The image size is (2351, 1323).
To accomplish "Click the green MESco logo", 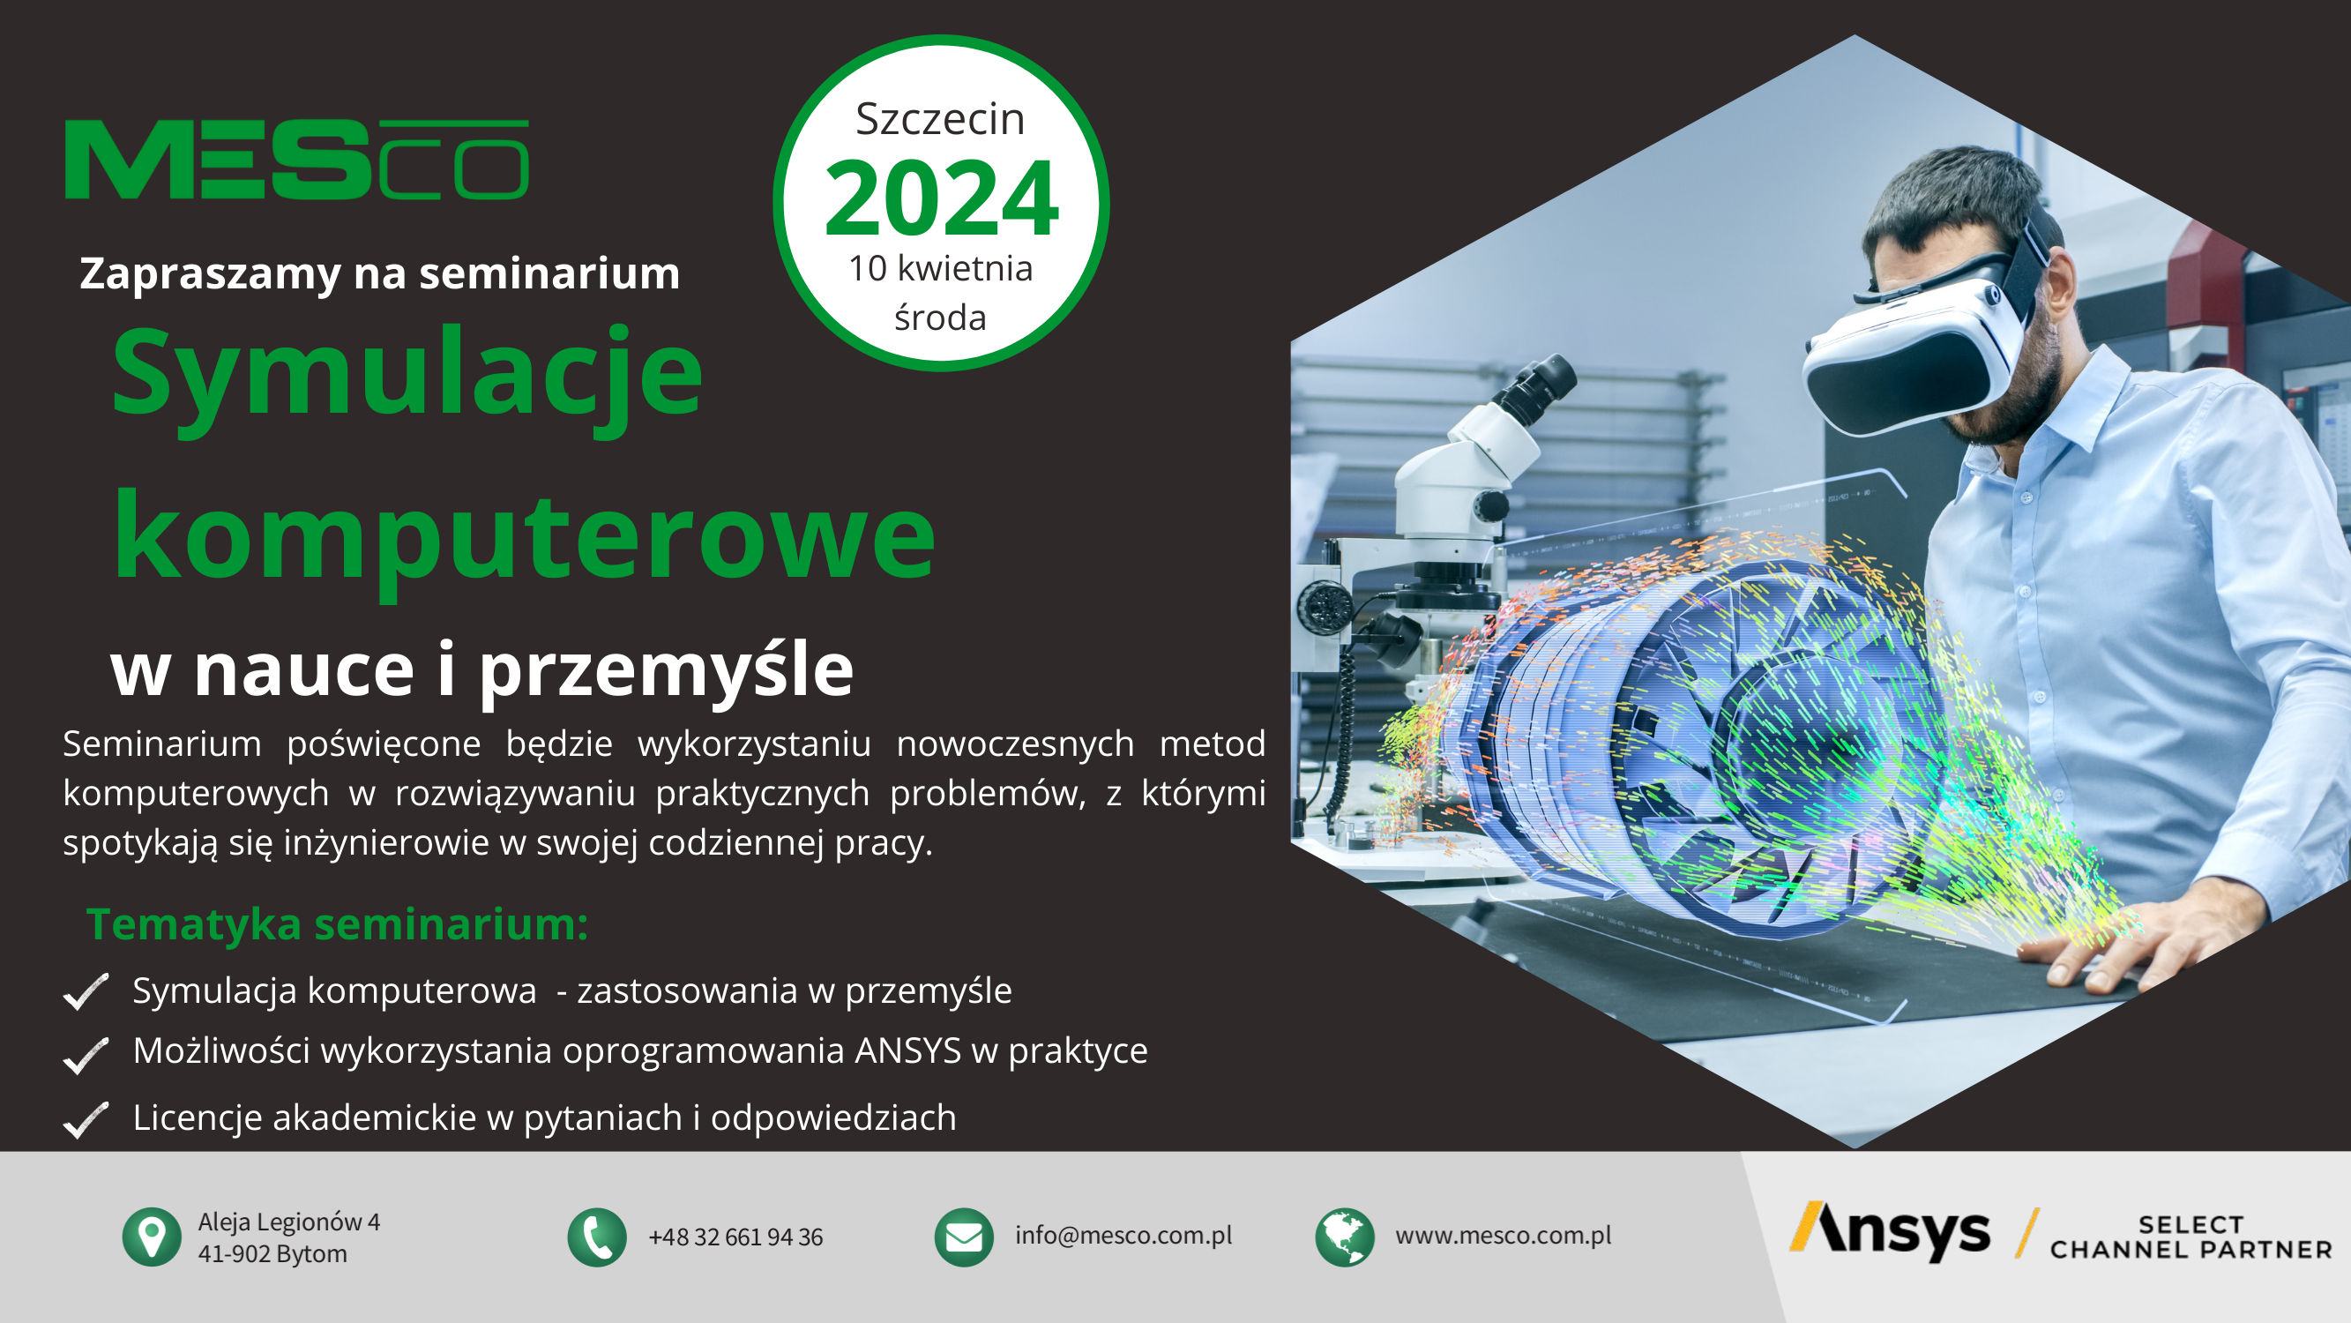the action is click(296, 159).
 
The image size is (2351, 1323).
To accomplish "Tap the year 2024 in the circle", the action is click(941, 198).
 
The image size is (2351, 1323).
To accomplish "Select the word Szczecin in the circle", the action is click(940, 119).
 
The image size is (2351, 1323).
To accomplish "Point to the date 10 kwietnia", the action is click(940, 268).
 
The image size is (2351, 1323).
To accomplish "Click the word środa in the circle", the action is click(940, 317).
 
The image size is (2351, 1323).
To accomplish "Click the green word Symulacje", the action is click(407, 377).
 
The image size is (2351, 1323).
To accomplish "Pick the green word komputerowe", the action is click(524, 541).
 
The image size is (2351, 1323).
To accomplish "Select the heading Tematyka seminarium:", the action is click(337, 924).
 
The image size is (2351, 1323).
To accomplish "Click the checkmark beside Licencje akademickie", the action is click(86, 1120).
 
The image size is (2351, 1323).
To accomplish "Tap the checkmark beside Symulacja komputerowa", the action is click(86, 992).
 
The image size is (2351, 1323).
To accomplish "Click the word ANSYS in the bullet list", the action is click(908, 1051).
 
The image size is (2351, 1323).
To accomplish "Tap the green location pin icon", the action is click(152, 1237).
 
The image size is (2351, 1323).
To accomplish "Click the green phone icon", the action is click(597, 1237).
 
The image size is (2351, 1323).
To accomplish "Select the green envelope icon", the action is click(964, 1237).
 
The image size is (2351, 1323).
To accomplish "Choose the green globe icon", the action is click(1344, 1237).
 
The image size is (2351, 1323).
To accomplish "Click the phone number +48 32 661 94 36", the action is click(735, 1237).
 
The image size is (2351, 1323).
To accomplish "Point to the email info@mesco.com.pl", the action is click(1123, 1236).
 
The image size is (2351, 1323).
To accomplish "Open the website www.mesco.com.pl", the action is click(1504, 1236).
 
